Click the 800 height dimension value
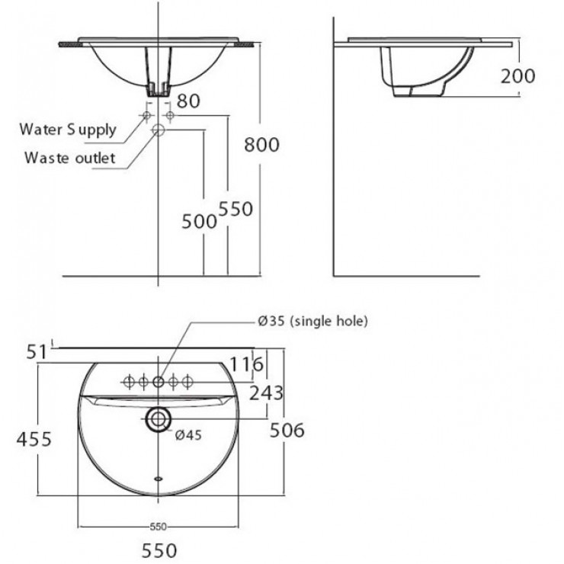pos(262,143)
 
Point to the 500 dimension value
pos(200,220)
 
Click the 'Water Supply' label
pos(67,129)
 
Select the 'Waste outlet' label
pos(69,158)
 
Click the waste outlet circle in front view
pos(159,130)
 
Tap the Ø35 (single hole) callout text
pos(313,322)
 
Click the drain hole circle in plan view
pos(159,418)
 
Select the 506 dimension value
pos(288,431)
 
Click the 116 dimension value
pos(247,365)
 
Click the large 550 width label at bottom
pos(158,550)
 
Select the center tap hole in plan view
pos(159,381)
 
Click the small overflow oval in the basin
pos(159,479)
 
